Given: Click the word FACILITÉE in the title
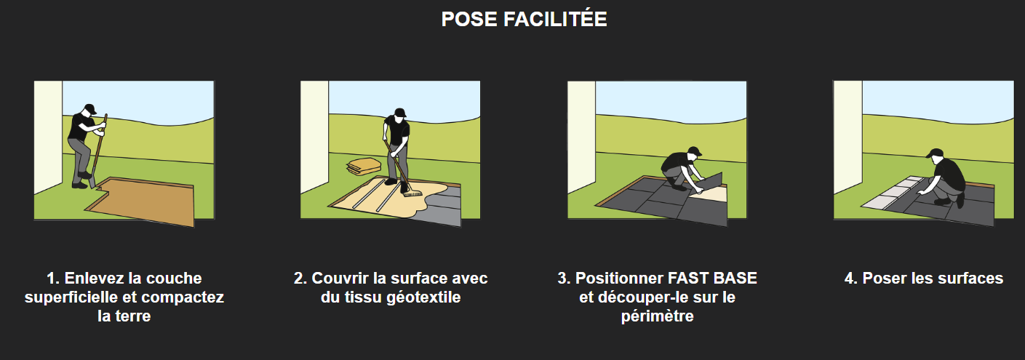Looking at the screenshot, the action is pos(555,19).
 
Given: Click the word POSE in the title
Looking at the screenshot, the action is pos(469,19).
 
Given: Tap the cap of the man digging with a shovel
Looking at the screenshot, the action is pos(90,108).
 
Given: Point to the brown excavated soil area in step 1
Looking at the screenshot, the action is pos(146,201).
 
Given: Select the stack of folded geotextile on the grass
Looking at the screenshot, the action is pos(364,167).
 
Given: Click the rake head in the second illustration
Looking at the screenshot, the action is pos(412,194).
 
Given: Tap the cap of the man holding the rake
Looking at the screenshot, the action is pos(400,112).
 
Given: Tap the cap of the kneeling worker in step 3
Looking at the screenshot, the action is pos(695,151).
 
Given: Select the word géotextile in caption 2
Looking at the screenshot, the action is pos(423,297).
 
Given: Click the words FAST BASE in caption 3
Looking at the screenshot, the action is pos(712,278).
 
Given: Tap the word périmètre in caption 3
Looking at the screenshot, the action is pos(657,316).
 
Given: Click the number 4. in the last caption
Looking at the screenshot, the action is pos(851,278).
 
